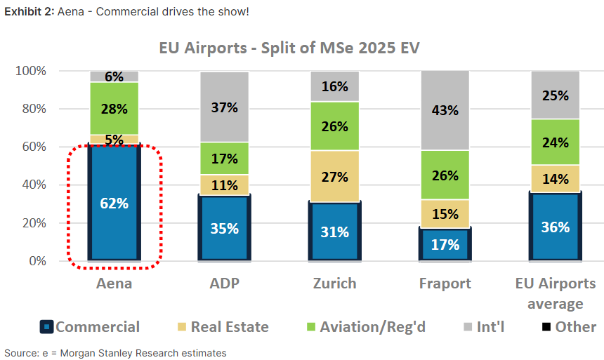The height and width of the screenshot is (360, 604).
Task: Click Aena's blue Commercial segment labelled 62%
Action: (x=114, y=203)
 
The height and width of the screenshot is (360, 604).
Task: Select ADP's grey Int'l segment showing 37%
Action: (x=224, y=107)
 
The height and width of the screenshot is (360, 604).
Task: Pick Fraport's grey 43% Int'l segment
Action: (x=445, y=110)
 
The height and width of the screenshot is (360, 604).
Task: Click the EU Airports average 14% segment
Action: (x=556, y=178)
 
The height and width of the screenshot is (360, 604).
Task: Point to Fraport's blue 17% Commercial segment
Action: (x=445, y=244)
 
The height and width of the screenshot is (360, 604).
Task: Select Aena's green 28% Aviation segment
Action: (x=114, y=109)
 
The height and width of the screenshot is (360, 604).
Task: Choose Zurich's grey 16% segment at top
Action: (x=335, y=86)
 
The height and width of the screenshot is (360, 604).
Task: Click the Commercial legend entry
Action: (x=90, y=326)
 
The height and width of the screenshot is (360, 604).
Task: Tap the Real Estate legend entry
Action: (x=221, y=326)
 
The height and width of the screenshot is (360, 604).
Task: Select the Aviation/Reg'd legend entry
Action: (x=365, y=326)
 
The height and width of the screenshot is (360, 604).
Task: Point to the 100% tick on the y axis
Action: (x=30, y=71)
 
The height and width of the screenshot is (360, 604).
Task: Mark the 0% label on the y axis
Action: (x=36, y=261)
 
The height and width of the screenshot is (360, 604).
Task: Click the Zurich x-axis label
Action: (x=335, y=284)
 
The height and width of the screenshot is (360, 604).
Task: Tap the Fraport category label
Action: (x=445, y=284)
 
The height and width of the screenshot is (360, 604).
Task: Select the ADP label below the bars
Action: (x=224, y=284)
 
